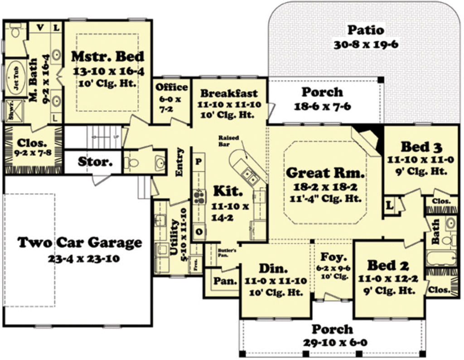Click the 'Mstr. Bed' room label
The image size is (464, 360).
[x=108, y=57]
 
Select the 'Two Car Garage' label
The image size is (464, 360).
[x=79, y=243]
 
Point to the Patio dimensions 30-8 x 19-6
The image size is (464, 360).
[x=365, y=45]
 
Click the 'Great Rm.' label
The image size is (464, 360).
[x=325, y=173]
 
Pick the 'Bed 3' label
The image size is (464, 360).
[x=421, y=147]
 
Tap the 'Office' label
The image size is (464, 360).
[x=171, y=87]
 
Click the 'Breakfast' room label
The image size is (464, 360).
[x=229, y=93]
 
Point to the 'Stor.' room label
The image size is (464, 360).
[x=95, y=162]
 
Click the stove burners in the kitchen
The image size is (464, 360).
[x=198, y=196]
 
